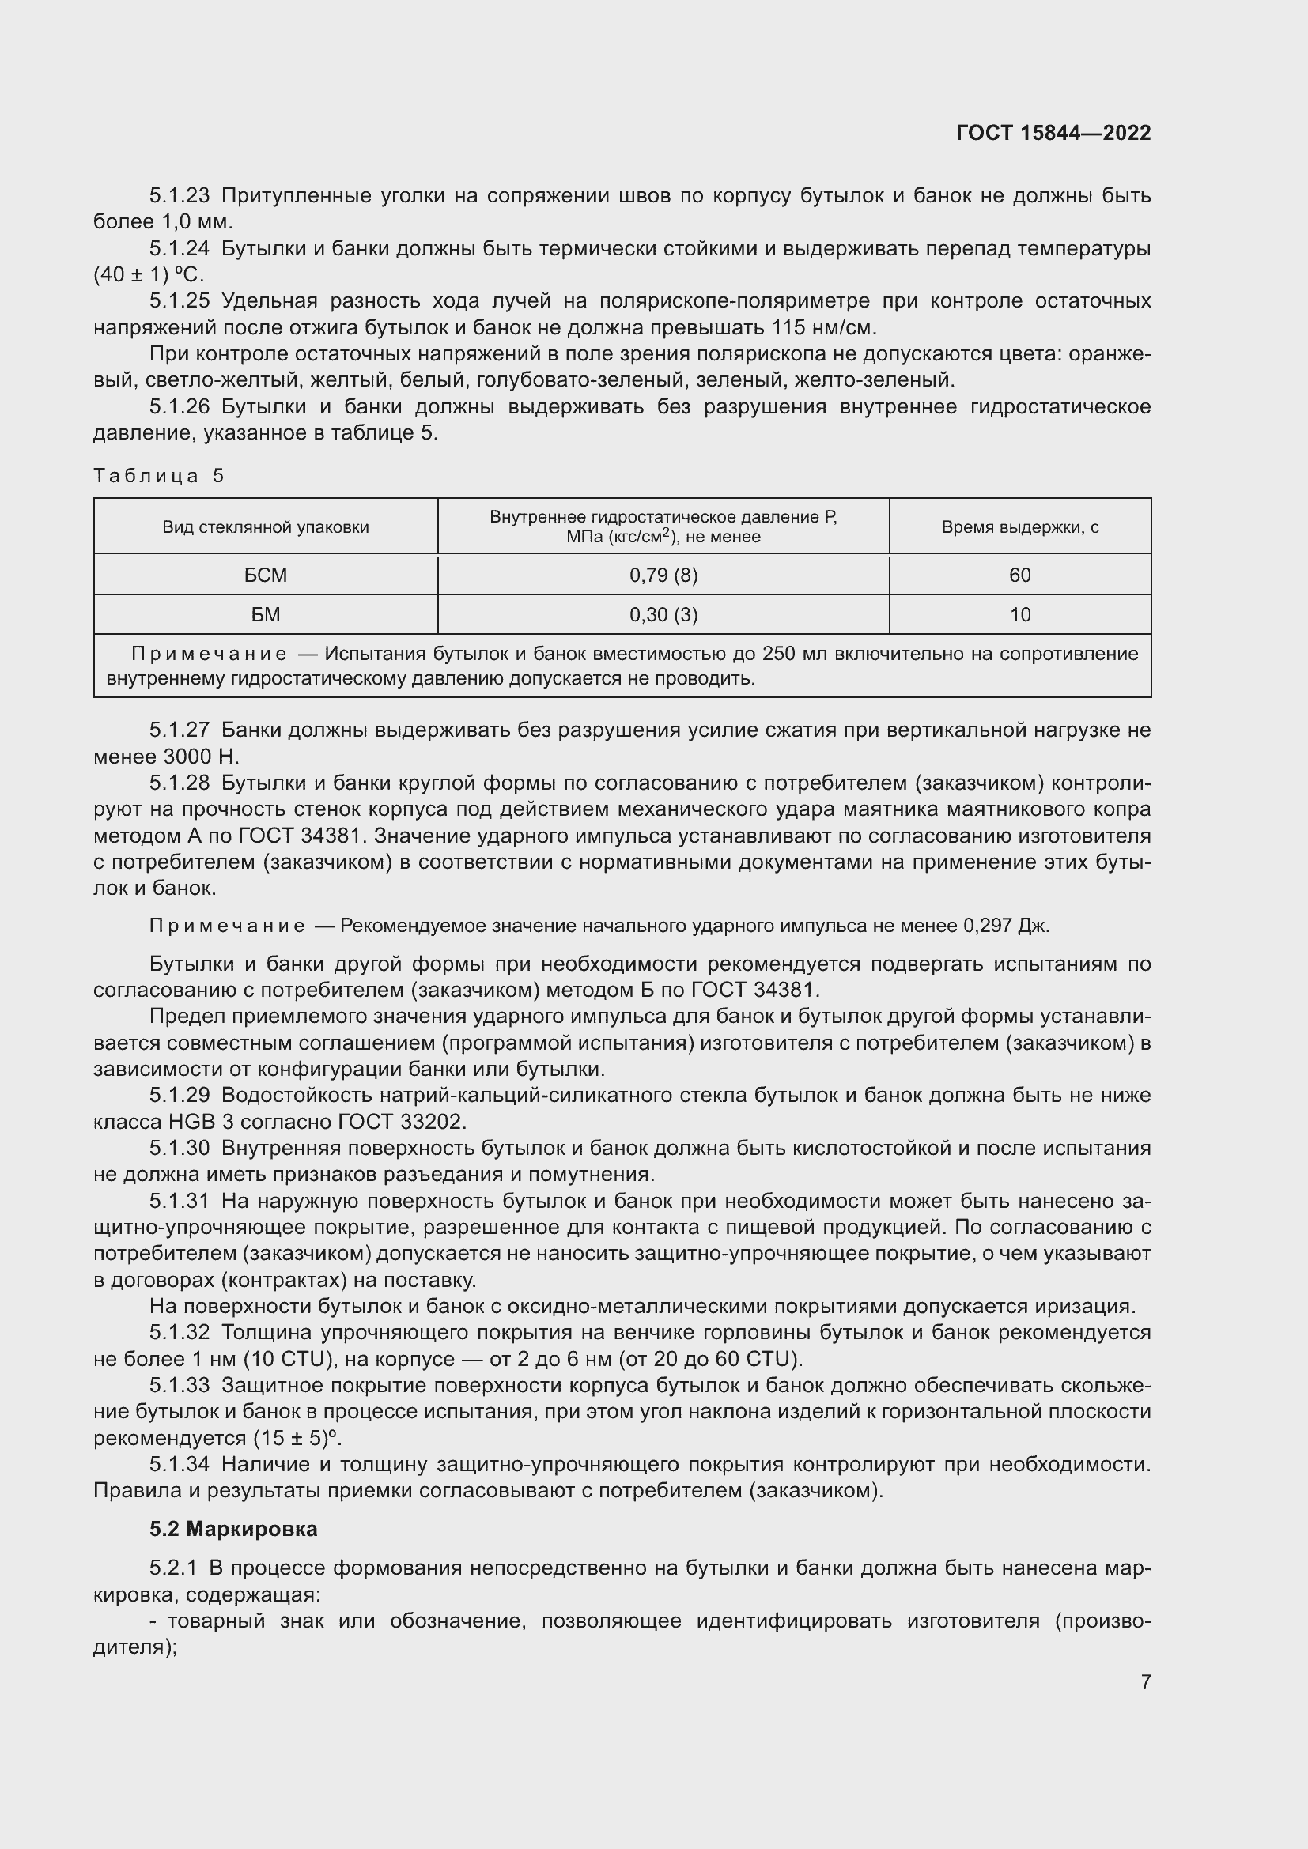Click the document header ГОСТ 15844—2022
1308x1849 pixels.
coord(1053,133)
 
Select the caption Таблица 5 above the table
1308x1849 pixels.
coord(159,476)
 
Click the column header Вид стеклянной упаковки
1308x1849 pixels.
coord(266,527)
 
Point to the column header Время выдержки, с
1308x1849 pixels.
coord(1019,527)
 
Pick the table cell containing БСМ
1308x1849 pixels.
coord(266,575)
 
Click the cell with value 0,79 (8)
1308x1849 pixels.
coord(663,575)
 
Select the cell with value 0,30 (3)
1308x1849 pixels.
coord(663,614)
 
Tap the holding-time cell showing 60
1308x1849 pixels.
coord(1019,575)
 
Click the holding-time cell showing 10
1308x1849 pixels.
coord(1019,614)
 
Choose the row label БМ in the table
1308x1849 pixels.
coord(266,614)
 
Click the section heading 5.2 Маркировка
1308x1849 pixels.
coord(233,1530)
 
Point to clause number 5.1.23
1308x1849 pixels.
coord(179,196)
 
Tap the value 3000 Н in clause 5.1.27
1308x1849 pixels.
coord(201,757)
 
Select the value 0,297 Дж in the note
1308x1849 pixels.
coord(1005,926)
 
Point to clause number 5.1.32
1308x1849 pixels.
coord(179,1332)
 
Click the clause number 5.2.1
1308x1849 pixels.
coord(172,1568)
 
